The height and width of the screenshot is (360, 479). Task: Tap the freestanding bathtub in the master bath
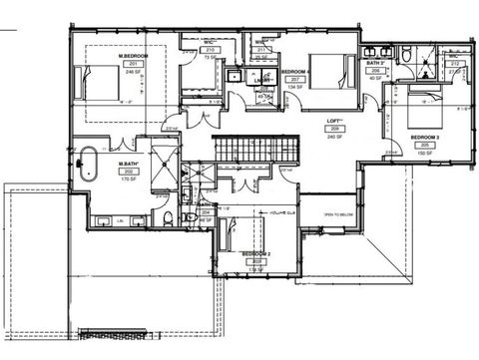(x=88, y=163)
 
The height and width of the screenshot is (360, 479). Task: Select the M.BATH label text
(x=129, y=163)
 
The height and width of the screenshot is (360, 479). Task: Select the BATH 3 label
(x=375, y=63)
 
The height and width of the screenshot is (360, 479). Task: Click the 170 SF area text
(x=129, y=180)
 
